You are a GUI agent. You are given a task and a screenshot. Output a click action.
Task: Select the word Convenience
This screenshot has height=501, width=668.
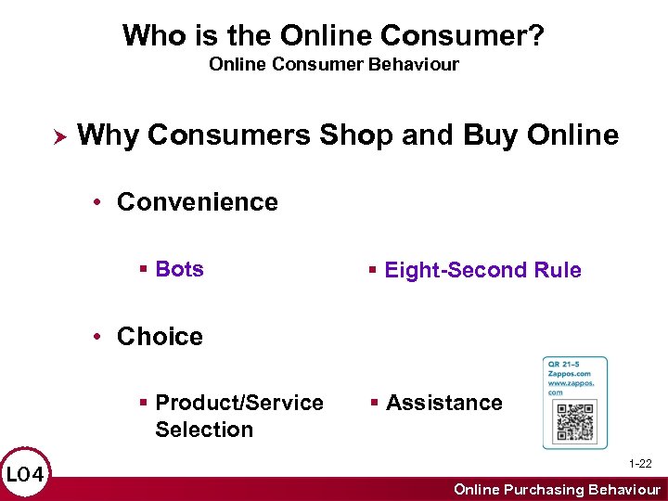(x=197, y=202)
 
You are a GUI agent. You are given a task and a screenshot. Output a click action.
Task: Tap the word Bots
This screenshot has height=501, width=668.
(x=179, y=269)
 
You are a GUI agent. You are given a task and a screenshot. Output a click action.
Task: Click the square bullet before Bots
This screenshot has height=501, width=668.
(x=143, y=270)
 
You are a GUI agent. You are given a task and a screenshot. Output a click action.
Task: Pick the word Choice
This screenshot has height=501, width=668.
(x=160, y=336)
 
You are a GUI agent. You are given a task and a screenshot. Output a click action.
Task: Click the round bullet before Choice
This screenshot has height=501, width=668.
(x=99, y=337)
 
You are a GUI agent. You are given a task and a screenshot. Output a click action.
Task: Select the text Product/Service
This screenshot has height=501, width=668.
(x=239, y=403)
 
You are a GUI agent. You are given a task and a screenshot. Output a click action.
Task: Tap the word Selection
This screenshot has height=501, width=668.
(x=204, y=430)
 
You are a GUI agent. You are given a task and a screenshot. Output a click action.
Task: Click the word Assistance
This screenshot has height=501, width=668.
(x=443, y=403)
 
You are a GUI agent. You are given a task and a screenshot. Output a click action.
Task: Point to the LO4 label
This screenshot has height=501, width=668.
(x=25, y=475)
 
